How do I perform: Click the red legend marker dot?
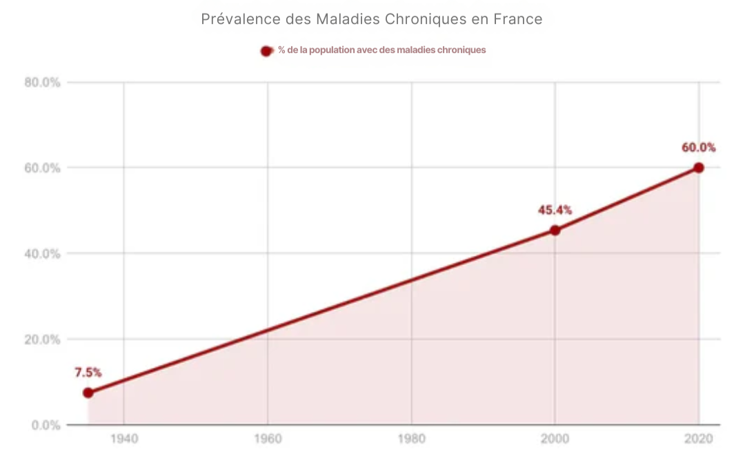pos(266,50)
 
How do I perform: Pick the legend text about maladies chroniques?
pos(381,50)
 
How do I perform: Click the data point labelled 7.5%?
pos(88,393)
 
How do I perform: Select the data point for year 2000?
pos(555,230)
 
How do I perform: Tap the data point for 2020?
pos(699,168)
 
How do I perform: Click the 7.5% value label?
pos(88,373)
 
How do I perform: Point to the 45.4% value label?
pos(555,210)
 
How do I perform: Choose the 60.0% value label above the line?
pos(698,147)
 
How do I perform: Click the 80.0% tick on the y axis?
pos(43,83)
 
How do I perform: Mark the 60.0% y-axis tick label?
pos(43,168)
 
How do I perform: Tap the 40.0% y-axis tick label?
pos(43,254)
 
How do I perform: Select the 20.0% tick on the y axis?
pos(43,340)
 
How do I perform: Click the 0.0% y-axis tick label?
pos(46,425)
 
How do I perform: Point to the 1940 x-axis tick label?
pos(123,440)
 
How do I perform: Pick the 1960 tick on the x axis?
pos(268,440)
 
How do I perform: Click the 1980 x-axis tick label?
pos(412,440)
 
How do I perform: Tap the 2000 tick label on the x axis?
pos(555,440)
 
